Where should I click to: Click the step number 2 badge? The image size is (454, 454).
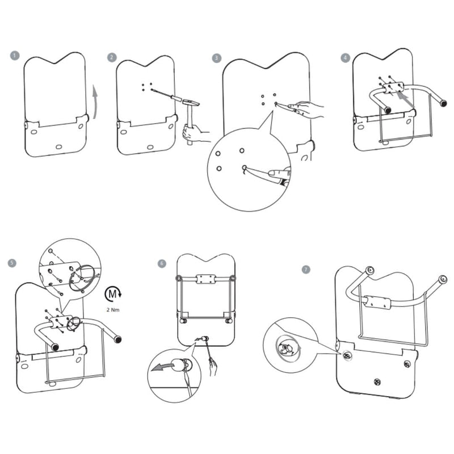click(x=112, y=57)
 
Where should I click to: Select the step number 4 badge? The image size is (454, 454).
click(x=346, y=57)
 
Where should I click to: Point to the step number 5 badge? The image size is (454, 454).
click(x=12, y=263)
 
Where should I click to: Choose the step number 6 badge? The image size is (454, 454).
click(x=162, y=263)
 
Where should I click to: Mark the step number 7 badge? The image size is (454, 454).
click(x=306, y=269)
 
